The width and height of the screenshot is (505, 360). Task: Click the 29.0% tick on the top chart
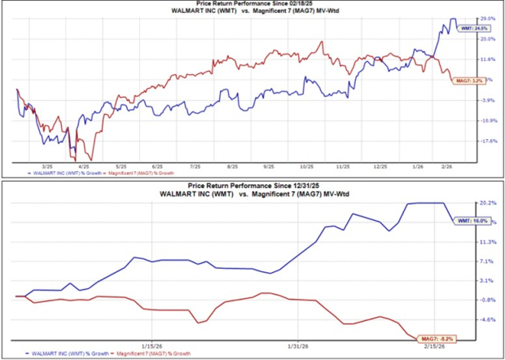tap(487, 18)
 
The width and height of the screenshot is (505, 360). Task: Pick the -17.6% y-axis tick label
tap(487, 140)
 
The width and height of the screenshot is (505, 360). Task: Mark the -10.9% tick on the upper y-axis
tap(487, 120)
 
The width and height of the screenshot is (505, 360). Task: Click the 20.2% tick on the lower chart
tap(487, 203)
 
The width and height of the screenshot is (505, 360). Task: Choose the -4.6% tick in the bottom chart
tap(487, 319)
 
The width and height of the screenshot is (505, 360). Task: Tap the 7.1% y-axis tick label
tap(487, 261)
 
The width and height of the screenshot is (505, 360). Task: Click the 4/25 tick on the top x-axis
tap(84, 165)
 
